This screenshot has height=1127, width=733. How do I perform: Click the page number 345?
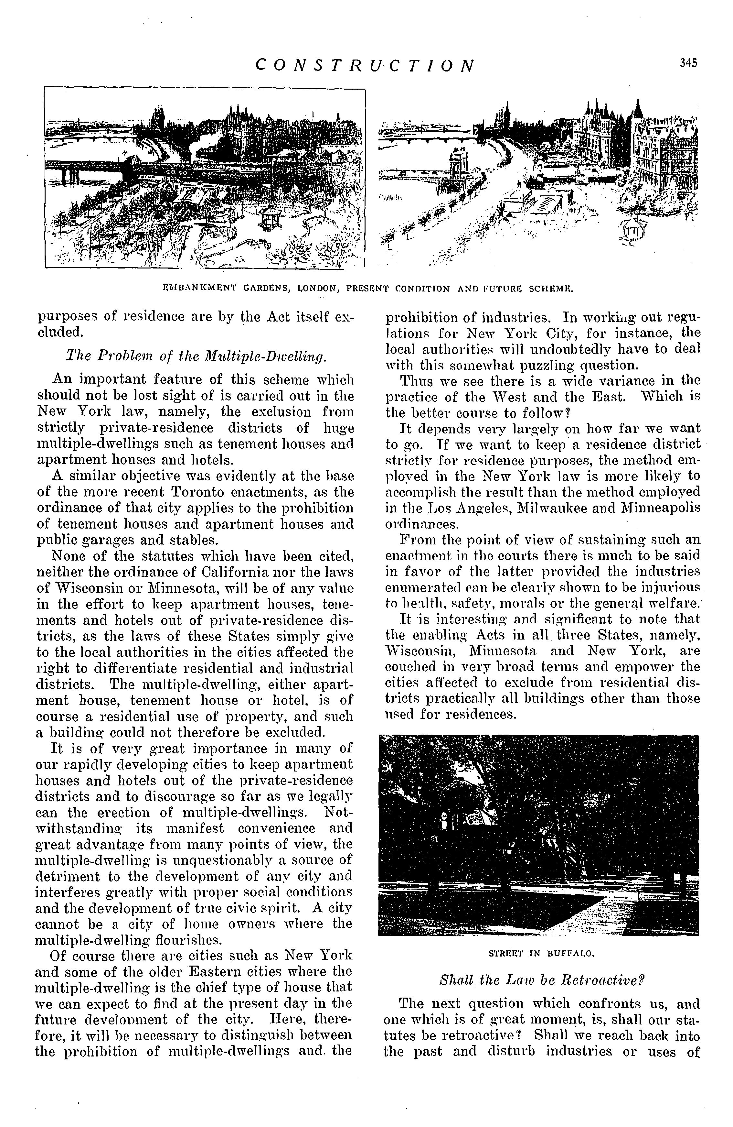coord(688,63)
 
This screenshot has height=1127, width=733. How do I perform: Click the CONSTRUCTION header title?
coord(364,65)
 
